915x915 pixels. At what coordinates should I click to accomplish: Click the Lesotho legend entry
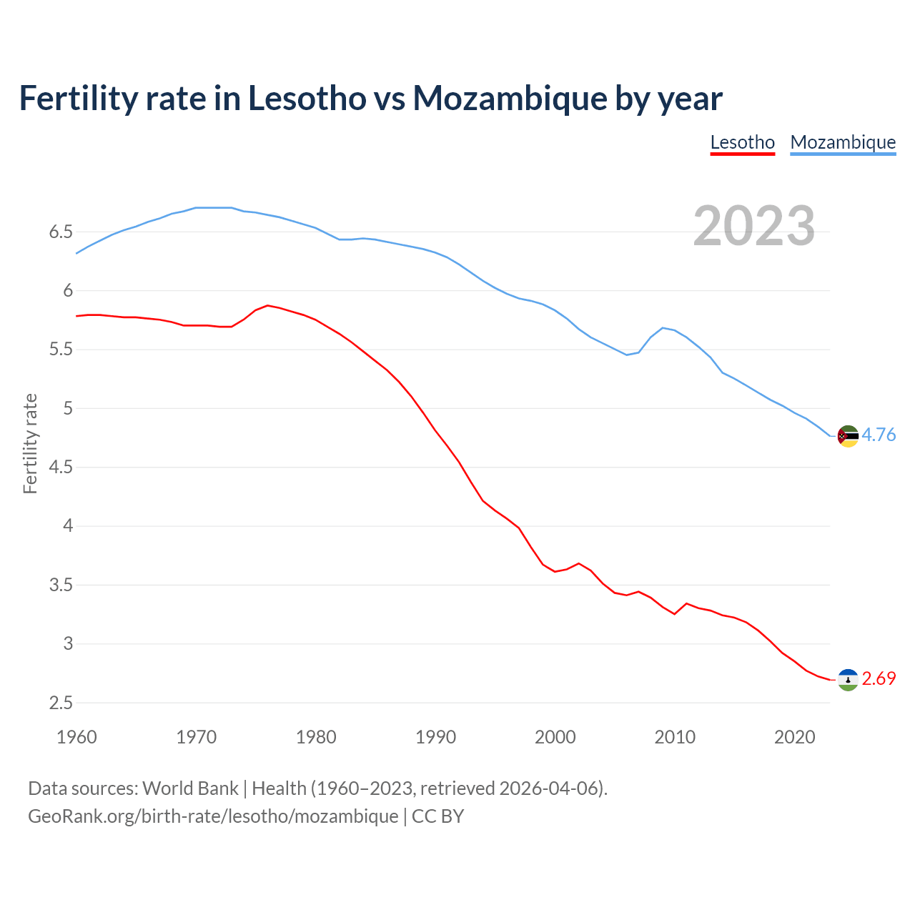tap(742, 142)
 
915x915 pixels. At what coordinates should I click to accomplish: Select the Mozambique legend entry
tap(843, 142)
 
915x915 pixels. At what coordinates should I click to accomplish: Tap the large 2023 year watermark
tap(754, 226)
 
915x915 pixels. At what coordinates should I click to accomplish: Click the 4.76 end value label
tap(879, 435)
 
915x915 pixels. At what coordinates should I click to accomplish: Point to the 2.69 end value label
tap(879, 678)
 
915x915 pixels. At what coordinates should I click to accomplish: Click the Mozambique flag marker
tap(848, 435)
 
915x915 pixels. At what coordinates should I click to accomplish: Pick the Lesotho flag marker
tap(848, 679)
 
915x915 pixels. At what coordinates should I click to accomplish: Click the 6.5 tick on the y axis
tap(61, 232)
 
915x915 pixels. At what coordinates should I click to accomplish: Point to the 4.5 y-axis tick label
tap(61, 468)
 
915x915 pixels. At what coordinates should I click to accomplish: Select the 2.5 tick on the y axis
tap(61, 703)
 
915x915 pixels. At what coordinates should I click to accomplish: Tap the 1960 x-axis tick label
tap(76, 737)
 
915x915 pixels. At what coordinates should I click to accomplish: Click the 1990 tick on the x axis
tap(435, 737)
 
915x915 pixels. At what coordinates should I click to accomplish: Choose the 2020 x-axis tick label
tap(794, 737)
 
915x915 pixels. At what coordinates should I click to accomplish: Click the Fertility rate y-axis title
tap(31, 443)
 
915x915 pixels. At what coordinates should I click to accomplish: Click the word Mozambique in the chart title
tap(510, 98)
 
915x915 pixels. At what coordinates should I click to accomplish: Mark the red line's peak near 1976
tap(267, 305)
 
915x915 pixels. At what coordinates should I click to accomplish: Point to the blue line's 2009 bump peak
tap(663, 327)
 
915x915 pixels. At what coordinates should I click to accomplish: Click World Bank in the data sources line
tap(190, 788)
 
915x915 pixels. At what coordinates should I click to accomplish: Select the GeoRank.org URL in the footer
tap(213, 816)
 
